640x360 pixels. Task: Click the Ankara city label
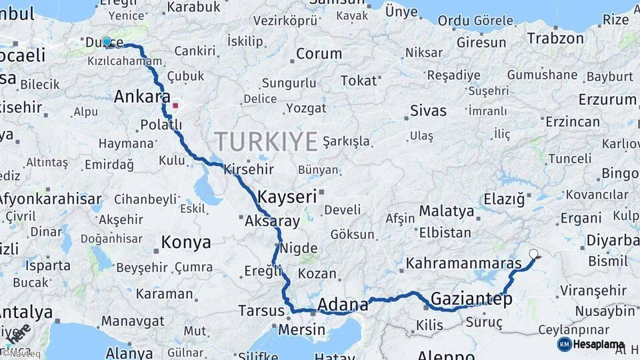141,97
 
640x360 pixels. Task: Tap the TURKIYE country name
266,141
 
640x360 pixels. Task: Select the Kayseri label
287,197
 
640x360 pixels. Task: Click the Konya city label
186,243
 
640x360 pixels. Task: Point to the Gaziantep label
471,299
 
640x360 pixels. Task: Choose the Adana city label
343,305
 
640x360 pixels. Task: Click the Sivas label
428,111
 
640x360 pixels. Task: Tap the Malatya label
446,212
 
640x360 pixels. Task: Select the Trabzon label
555,38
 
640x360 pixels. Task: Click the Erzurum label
607,100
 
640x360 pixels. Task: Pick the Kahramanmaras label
463,263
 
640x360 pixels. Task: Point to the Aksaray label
272,221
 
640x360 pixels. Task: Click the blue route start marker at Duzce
107,42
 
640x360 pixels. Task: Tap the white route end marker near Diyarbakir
533,253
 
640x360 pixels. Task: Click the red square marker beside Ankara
175,105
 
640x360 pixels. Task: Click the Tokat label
359,81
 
